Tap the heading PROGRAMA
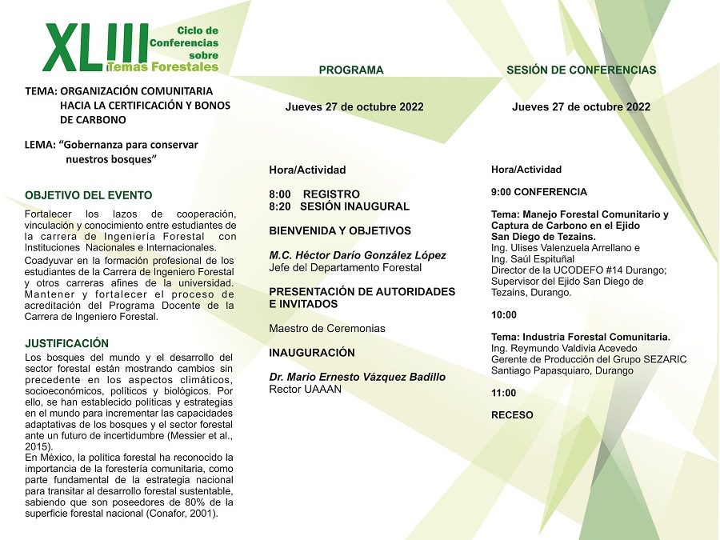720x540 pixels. pos(351,70)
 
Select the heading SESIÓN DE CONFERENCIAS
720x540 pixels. pos(581,70)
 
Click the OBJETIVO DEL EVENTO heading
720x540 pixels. pos(88,195)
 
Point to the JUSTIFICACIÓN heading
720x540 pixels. pos(66,343)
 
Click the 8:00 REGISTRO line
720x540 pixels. pos(314,194)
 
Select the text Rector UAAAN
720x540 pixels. pos(305,390)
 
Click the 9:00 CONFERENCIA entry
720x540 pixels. pos(538,192)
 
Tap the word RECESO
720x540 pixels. pos(512,415)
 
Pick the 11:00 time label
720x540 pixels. pos(503,393)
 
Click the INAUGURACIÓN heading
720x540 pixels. pos(312,353)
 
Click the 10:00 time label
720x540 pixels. pos(503,315)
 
